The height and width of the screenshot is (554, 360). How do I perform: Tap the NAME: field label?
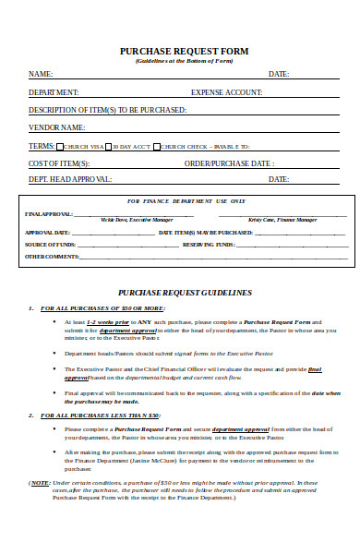point(41,74)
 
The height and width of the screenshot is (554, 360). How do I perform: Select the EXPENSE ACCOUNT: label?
point(227,92)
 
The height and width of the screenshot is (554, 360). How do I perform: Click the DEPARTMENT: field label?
point(54,92)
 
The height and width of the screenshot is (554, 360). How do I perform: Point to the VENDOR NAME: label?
point(57,127)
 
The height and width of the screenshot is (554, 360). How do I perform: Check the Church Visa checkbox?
point(60,147)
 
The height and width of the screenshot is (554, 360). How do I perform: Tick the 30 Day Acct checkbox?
point(107,147)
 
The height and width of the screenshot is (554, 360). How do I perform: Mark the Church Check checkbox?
point(157,147)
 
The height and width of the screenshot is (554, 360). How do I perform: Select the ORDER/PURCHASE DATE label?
point(228,163)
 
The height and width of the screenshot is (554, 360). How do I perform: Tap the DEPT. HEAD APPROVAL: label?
point(70,179)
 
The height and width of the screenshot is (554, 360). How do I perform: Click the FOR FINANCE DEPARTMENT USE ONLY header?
point(186,200)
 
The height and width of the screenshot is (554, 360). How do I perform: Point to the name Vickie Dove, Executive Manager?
point(124,220)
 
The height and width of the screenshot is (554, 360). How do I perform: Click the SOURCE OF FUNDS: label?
point(49,244)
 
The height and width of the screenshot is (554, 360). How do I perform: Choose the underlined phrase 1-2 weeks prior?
point(103,321)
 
